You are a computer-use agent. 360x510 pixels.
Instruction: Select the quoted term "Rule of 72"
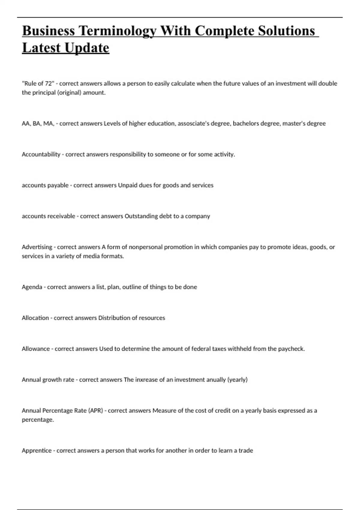(38, 83)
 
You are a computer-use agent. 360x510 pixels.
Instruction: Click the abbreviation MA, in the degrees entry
(49, 123)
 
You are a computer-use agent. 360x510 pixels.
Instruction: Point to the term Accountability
(41, 154)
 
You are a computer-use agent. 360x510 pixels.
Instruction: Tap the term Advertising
(37, 247)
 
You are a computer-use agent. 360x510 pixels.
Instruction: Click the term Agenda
(32, 287)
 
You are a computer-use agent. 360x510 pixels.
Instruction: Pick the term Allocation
(35, 318)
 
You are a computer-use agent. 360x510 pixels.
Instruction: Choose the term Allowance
(36, 349)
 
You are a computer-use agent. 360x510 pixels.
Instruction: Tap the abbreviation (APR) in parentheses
(96, 410)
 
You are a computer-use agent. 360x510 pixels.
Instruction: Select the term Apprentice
(37, 450)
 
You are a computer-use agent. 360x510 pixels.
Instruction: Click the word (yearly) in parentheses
(238, 379)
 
